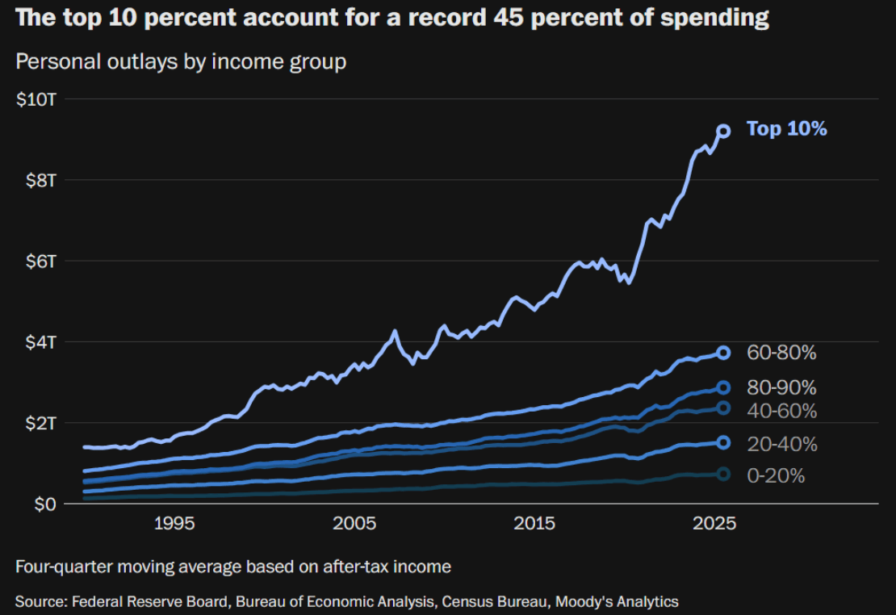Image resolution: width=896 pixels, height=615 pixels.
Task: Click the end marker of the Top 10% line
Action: coord(724,131)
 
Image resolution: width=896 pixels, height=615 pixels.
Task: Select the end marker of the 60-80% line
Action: coord(724,353)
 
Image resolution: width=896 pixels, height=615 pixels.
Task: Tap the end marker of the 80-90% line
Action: coord(724,387)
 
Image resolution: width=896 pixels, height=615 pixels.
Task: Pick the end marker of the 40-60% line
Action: coord(724,408)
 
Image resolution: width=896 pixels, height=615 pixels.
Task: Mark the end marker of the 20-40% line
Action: coord(724,442)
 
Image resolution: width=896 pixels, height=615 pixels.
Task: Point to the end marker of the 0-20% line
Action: coord(724,474)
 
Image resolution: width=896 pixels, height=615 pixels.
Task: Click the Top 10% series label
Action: coord(786,129)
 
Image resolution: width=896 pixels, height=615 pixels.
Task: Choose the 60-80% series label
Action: coord(781,353)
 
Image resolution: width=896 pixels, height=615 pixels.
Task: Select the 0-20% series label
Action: coord(776,476)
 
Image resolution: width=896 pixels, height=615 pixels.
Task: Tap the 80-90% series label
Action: coord(781,387)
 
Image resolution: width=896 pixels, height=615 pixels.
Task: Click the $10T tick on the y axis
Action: coord(36,99)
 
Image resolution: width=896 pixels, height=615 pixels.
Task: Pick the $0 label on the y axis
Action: coord(45,504)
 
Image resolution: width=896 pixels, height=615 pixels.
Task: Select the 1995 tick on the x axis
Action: coord(175,524)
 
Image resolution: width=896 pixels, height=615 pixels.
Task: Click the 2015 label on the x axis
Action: coord(534,524)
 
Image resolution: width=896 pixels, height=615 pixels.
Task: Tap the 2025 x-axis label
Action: coord(714,524)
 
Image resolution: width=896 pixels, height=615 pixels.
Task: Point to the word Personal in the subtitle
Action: coord(54,61)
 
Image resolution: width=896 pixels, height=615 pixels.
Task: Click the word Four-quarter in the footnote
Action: coord(65,567)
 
